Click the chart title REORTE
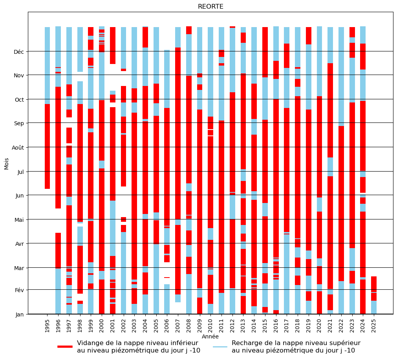tap(210, 7)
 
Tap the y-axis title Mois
tap(6, 163)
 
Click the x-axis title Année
tap(210, 336)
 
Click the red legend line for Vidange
tap(65, 347)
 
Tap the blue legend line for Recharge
tap(220, 347)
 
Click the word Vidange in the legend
tap(91, 343)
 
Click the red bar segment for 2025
tap(374, 284)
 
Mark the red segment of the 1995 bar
tap(48, 146)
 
